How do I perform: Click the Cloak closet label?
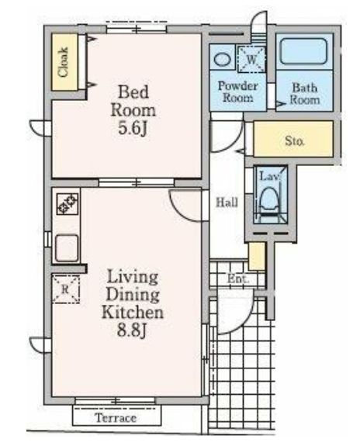tap(63, 62)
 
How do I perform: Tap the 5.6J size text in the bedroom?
tap(133, 129)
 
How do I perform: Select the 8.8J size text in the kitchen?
tap(132, 330)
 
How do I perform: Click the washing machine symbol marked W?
tap(251, 59)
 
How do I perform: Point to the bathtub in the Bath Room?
tap(303, 51)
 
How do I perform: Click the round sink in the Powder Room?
tap(222, 60)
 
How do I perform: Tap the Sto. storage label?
tap(295, 140)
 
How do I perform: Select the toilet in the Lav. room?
tap(270, 201)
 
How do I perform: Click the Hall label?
tap(227, 202)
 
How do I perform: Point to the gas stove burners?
tap(67, 204)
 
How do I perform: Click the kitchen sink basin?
tap(67, 248)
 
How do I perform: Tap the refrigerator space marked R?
tap(66, 289)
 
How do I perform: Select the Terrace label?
tap(116, 418)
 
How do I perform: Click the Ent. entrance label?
tap(238, 279)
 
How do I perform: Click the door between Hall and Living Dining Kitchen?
tap(185, 206)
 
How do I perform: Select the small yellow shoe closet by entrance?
tap(257, 256)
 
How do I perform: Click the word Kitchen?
tap(133, 313)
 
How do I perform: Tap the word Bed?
tap(133, 92)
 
